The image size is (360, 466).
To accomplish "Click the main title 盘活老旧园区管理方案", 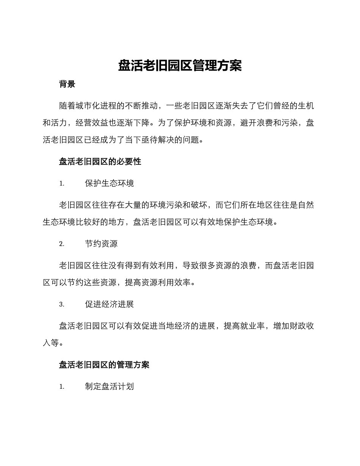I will [180, 66].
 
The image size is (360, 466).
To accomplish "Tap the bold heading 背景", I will [67, 84].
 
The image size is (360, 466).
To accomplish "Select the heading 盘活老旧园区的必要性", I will [100, 161].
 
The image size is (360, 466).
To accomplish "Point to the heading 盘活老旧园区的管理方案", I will [104, 364].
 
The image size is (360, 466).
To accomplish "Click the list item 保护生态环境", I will [109, 183].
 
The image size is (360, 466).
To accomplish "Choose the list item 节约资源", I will [101, 244].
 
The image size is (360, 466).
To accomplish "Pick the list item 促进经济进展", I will [109, 304].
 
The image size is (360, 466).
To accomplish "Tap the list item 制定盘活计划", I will [109, 387].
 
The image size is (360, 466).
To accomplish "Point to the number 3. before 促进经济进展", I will [62, 305].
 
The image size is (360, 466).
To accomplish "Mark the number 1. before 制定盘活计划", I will [62, 387].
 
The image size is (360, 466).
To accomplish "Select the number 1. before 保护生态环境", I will [62, 184].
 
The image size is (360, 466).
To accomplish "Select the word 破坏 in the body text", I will [199, 205].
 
